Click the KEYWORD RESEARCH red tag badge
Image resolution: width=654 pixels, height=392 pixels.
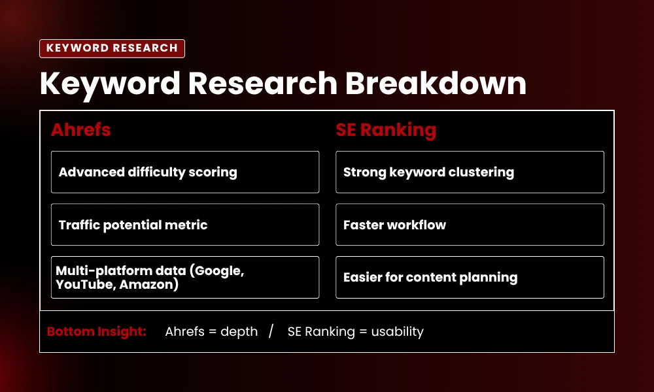point(112,48)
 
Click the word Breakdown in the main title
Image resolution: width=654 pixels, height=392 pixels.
point(436,84)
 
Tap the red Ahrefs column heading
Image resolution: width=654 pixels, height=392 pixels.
point(81,129)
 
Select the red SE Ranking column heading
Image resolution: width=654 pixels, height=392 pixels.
point(386,129)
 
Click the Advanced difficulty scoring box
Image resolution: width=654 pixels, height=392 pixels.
point(185,172)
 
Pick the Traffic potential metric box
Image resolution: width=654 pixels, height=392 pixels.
point(185,225)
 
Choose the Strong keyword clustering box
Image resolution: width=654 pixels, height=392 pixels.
point(470,172)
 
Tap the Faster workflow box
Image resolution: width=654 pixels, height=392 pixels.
point(470,225)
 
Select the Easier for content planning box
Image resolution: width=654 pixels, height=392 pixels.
point(470,277)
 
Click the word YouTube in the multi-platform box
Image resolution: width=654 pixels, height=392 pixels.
point(84,284)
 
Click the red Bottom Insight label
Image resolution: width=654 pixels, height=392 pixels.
point(96,331)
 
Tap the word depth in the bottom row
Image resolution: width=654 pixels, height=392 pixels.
point(239,331)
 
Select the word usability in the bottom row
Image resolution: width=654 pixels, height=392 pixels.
point(398,331)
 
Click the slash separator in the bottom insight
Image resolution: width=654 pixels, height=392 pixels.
point(271,331)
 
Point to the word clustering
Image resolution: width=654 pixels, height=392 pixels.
point(481,172)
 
